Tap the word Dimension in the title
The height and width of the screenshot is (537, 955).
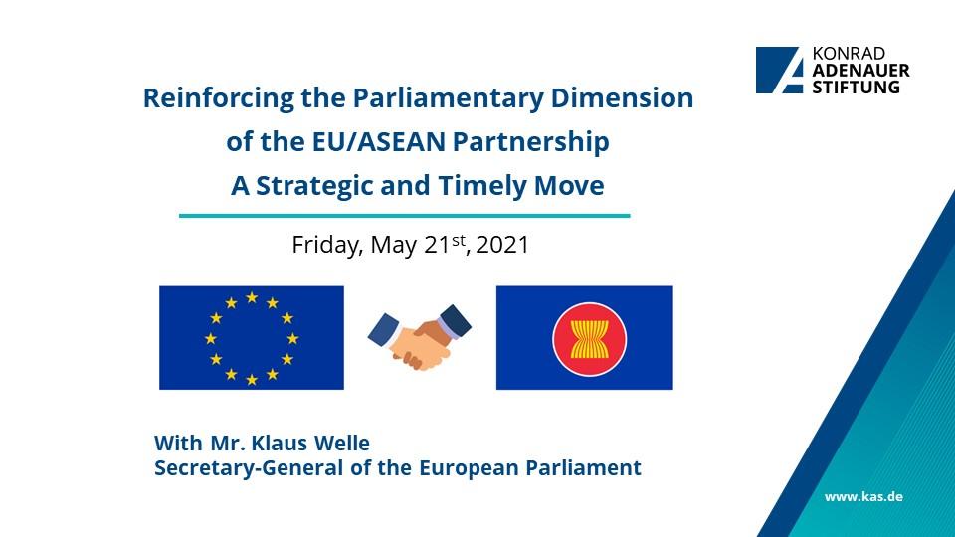[x=622, y=97]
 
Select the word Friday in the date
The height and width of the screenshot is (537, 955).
[x=327, y=245]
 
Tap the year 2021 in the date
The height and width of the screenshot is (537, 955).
[x=502, y=245]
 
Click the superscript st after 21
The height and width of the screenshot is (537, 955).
[x=458, y=240]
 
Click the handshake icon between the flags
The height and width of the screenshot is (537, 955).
[x=420, y=337]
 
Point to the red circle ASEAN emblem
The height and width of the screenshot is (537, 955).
[x=590, y=339]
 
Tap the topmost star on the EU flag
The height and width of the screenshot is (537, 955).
[x=252, y=297]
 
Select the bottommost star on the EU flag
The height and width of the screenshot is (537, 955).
[x=252, y=380]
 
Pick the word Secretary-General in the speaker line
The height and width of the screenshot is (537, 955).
[x=249, y=468]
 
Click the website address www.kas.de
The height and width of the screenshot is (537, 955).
[x=863, y=497]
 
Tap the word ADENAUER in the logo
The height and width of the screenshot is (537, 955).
[x=860, y=71]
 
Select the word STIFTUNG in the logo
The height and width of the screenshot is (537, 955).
[x=856, y=87]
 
